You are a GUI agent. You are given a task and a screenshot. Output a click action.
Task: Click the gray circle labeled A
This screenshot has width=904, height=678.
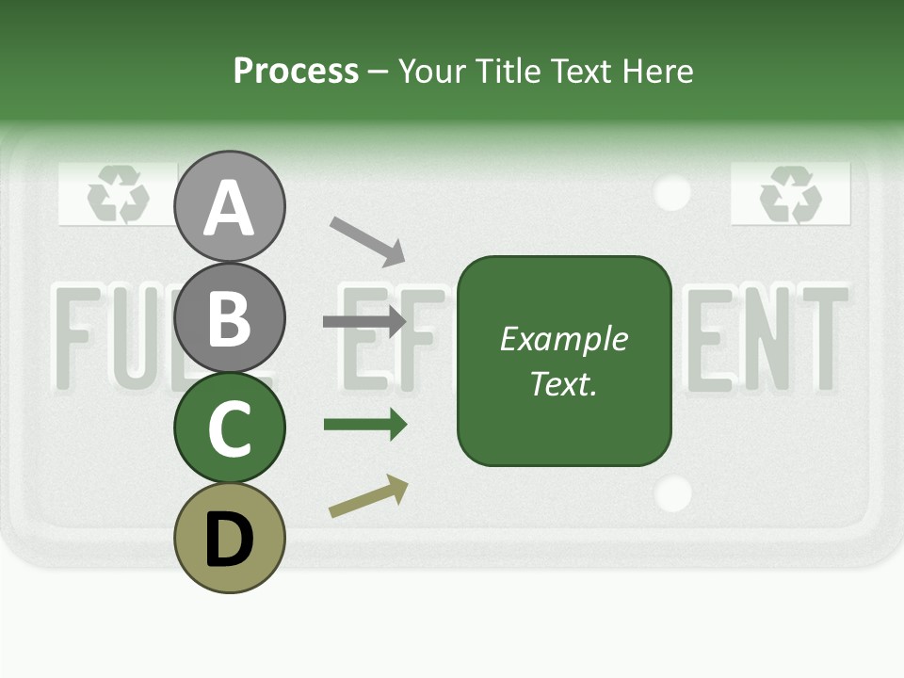pos(229,206)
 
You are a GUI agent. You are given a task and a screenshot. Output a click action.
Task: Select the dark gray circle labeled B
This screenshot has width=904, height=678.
pos(229,317)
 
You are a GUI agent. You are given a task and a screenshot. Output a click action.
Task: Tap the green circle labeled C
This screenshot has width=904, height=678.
pos(229,428)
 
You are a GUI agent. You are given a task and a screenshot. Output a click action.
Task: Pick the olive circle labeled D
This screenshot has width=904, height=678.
pos(229,539)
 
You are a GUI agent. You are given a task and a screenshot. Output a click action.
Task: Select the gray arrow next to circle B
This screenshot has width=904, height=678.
pos(364,322)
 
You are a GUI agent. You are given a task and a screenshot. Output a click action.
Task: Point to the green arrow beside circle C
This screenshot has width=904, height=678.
pos(364,425)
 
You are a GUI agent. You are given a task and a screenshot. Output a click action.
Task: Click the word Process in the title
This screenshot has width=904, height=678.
pos(296,72)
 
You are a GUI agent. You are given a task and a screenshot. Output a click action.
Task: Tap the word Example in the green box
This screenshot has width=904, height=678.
pos(564,339)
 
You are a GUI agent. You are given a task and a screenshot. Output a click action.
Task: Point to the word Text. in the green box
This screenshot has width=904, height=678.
pos(564,383)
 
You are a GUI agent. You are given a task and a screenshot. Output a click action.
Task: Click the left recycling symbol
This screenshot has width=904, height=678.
pos(119,196)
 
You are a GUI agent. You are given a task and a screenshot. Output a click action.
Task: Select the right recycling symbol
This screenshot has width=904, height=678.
pos(791,195)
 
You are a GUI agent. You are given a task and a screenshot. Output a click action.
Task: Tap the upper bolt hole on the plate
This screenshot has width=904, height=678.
pos(672,192)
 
